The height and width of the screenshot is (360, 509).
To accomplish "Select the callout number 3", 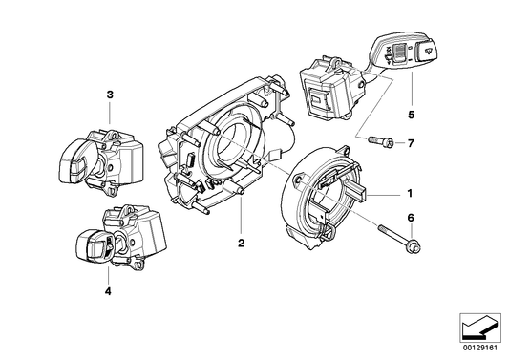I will (x=110, y=95).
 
